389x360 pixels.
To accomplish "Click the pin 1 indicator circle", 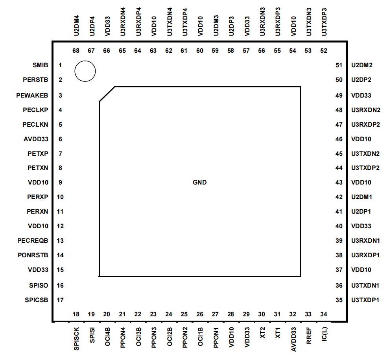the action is tap(85, 71).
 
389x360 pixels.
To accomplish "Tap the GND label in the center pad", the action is tap(199, 182).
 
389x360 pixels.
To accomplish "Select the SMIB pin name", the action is tap(40, 65).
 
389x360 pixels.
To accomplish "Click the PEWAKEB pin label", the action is tap(32, 95).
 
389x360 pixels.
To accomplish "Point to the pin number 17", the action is tap(60, 300).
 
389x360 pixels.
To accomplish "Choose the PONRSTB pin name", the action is tap(33, 255).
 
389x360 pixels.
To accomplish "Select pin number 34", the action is tap(324, 314).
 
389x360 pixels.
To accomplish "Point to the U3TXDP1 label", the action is tap(365, 300).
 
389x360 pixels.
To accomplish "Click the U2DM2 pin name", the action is tap(361, 65).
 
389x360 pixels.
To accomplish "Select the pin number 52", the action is tap(324, 50).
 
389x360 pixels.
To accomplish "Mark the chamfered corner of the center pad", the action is tap(107, 94).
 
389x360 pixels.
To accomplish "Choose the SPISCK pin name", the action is tap(76, 338).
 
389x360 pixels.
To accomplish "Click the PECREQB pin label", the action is tap(33, 240).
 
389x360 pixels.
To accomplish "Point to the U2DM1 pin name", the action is tap(361, 197).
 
